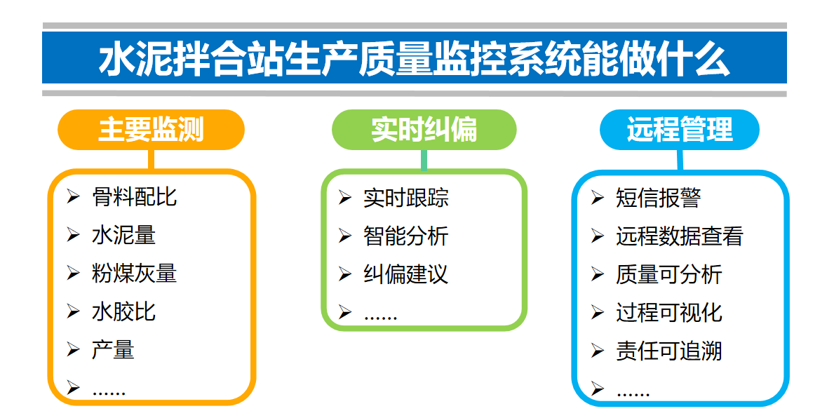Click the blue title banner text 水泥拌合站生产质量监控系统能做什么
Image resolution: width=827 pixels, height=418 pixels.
pos(414,59)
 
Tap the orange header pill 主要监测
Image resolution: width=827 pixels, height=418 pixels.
pos(151,130)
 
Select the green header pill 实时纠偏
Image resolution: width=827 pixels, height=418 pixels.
pos(424,130)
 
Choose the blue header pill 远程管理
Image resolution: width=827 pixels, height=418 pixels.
pos(679,130)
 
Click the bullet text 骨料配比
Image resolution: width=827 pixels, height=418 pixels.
pos(134,197)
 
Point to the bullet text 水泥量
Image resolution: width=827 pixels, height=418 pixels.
pos(123,235)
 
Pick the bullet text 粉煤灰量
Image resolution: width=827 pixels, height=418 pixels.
pos(134,274)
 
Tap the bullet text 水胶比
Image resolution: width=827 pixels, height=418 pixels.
pos(123,311)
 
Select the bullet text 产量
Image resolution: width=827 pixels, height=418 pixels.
pos(113,350)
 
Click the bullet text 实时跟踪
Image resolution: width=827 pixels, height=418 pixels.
pos(405,198)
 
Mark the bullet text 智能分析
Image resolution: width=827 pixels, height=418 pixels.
pos(405,236)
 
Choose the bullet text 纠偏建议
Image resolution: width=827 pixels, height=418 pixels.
pos(405,274)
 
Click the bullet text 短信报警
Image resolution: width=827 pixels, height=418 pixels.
pos(658,198)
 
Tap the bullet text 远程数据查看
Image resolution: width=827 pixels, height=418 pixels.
pos(679,236)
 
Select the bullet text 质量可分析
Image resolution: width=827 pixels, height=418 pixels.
pos(668,274)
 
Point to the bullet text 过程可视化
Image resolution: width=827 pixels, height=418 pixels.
pos(668,313)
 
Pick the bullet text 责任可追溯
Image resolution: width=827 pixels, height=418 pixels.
pos(668,351)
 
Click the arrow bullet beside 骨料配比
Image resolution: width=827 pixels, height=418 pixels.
pos(73,197)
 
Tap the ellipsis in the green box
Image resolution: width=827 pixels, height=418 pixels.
pos(380,318)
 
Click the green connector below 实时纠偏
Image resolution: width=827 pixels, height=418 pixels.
pos(424,160)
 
